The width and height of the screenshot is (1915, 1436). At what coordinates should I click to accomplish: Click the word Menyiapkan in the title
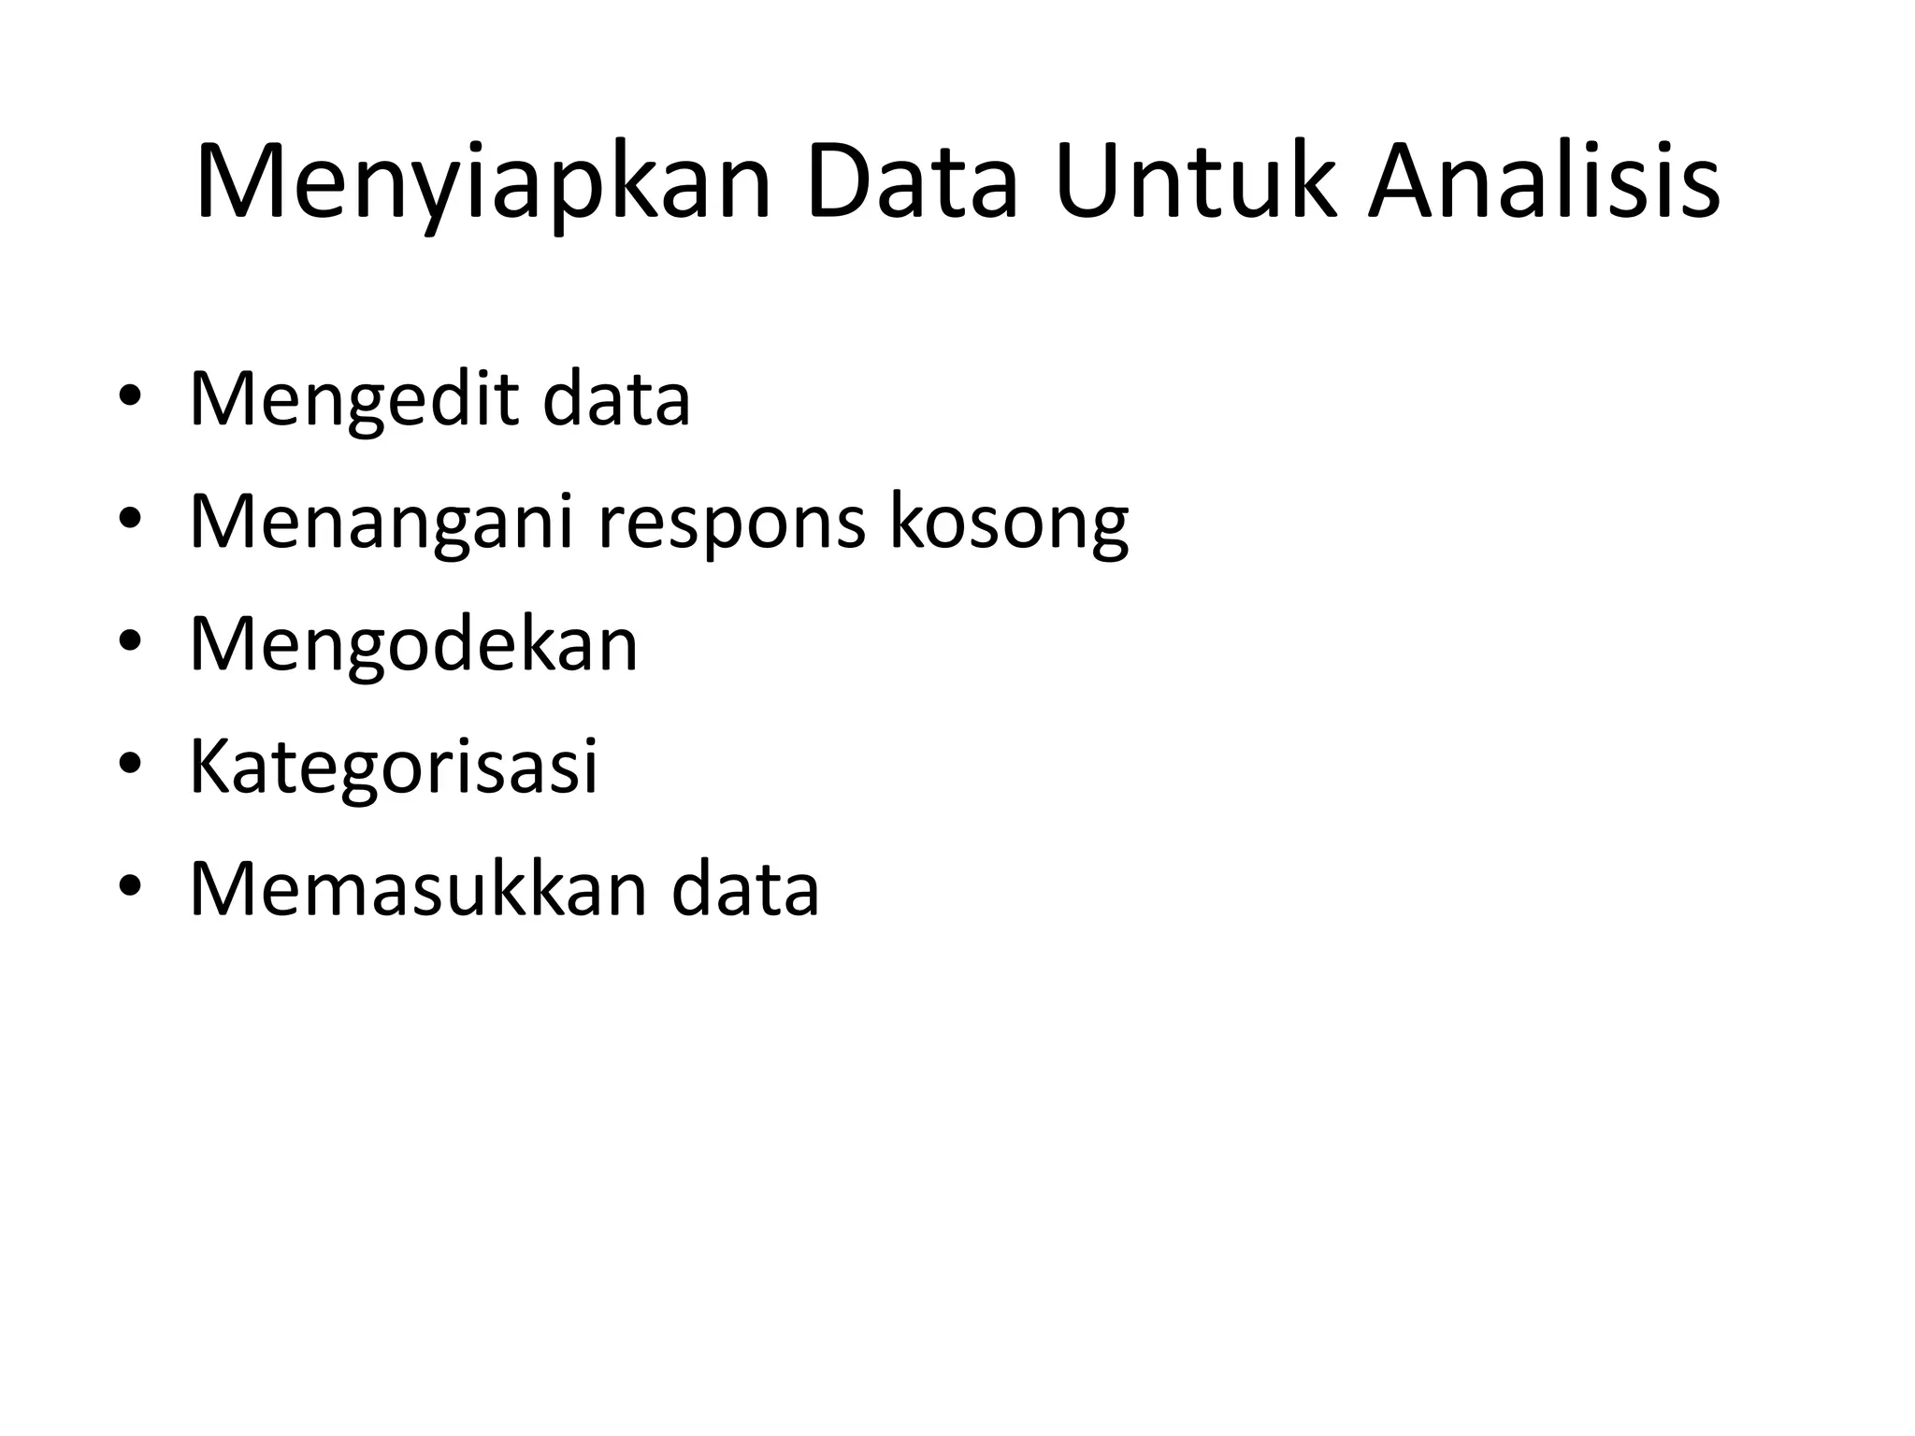point(482,182)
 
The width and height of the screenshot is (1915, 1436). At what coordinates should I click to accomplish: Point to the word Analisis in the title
point(1543,182)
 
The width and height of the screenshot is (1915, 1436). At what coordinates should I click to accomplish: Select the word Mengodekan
point(413,645)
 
